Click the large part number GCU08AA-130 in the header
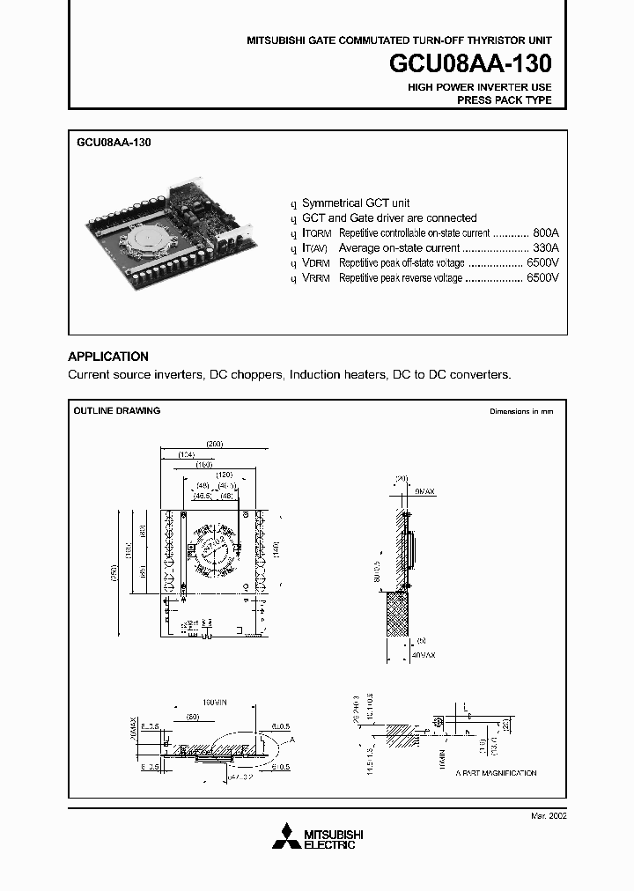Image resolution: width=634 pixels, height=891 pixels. pyautogui.click(x=470, y=64)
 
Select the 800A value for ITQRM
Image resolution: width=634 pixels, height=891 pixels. pyautogui.click(x=546, y=233)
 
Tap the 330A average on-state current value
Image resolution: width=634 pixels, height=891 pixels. pyautogui.click(x=546, y=248)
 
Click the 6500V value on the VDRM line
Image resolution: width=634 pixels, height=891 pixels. pyautogui.click(x=542, y=263)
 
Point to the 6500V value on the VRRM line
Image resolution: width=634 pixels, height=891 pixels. pyautogui.click(x=542, y=278)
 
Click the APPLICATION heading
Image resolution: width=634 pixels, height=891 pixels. pyautogui.click(x=108, y=357)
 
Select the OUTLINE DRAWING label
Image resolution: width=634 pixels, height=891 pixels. pyautogui.click(x=116, y=411)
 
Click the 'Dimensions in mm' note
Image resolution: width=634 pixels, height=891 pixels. pyautogui.click(x=521, y=412)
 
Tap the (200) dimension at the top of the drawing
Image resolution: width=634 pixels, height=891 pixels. pyautogui.click(x=213, y=443)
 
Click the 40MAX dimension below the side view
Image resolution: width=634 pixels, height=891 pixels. pyautogui.click(x=423, y=656)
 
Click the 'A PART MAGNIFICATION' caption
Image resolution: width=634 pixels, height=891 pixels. pyautogui.click(x=496, y=773)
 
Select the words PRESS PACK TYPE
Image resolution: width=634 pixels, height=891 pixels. pyautogui.click(x=504, y=100)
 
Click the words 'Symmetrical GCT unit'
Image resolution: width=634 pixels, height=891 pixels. pyautogui.click(x=356, y=202)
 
